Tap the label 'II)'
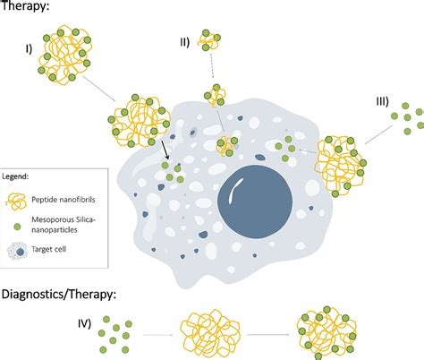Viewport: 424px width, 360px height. click(x=183, y=41)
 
